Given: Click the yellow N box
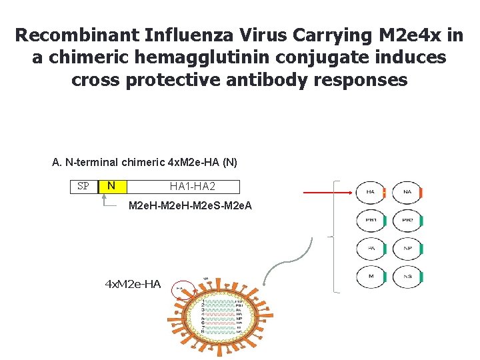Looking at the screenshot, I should (111, 187).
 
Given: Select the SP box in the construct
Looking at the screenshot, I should (83, 187).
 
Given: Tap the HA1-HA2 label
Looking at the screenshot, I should (192, 187).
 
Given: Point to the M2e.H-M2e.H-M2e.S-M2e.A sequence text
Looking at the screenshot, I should (190, 205).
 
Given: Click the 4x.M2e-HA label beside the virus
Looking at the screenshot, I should (133, 285).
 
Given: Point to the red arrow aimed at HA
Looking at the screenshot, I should (327, 193).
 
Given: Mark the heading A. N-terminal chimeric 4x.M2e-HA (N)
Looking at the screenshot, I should (145, 163).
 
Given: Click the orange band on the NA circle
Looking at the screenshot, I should (421, 193).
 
